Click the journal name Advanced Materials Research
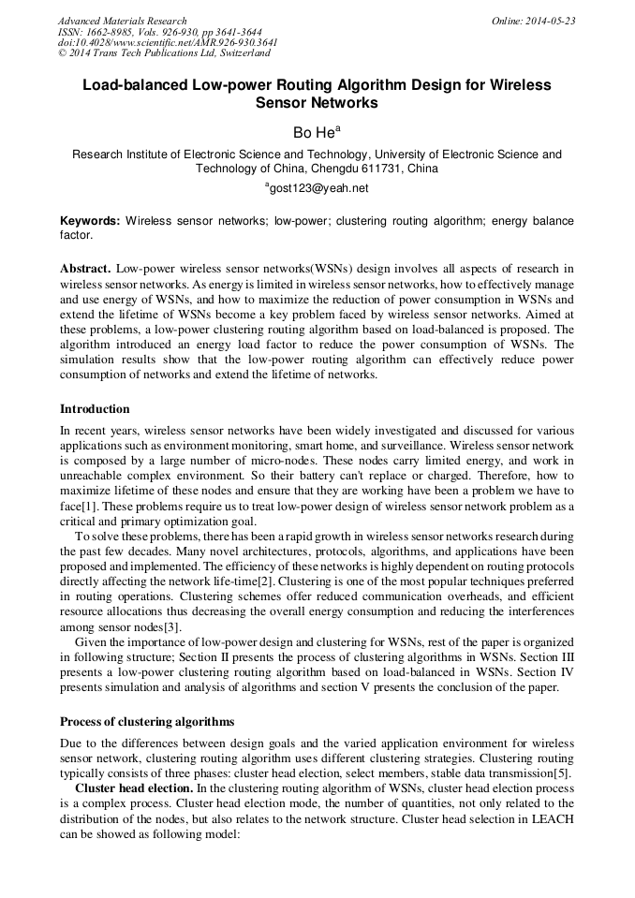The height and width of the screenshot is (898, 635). click(x=122, y=21)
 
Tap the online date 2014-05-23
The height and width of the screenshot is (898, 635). click(x=552, y=21)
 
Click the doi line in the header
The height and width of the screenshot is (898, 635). click(x=168, y=42)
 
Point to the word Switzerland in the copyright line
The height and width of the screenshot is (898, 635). click(x=238, y=53)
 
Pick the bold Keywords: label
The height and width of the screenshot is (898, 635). click(x=90, y=221)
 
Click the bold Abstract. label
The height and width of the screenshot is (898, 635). click(x=85, y=269)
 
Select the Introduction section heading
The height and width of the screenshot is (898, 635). click(x=95, y=409)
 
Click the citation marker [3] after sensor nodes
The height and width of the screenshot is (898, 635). click(x=170, y=626)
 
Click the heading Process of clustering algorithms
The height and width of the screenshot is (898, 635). click(x=147, y=722)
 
